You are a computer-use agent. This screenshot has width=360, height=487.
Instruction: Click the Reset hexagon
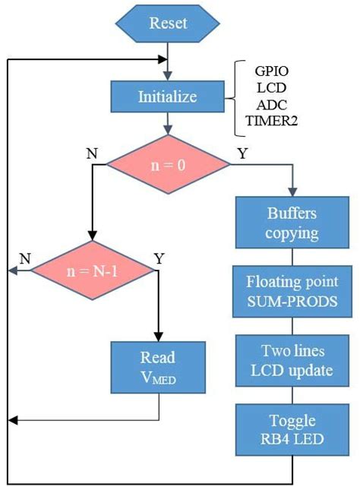point(168,23)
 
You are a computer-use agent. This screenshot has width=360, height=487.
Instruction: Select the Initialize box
point(168,96)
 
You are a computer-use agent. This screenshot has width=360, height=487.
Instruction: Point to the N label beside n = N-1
point(24,256)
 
